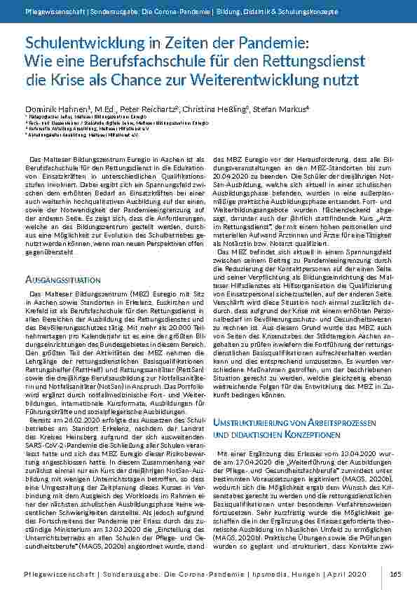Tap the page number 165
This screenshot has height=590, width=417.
click(396, 574)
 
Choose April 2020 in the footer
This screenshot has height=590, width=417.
click(346, 574)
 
